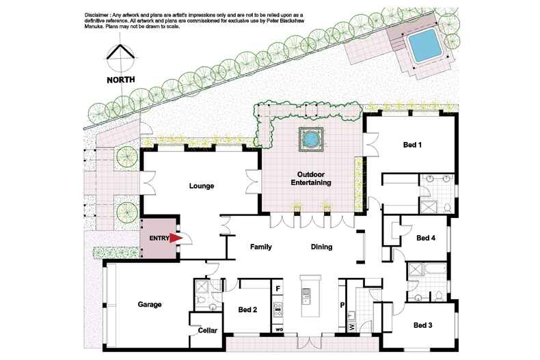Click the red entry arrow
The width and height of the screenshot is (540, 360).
[x=176, y=238]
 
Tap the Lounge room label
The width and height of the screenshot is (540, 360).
[x=202, y=186]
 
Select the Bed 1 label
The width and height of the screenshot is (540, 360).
[x=412, y=145]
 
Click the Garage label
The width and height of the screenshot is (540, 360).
[x=150, y=305]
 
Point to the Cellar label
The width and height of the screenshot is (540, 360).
[x=207, y=331]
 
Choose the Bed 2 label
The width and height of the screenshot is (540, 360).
[x=247, y=309]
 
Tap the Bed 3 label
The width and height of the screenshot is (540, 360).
[x=423, y=325]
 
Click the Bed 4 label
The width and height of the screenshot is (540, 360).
[x=426, y=238]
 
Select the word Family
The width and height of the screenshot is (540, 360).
[x=260, y=247]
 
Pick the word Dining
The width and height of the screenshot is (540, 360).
[x=322, y=247]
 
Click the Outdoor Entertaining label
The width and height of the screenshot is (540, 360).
[x=311, y=178]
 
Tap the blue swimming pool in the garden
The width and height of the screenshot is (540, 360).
[x=424, y=45]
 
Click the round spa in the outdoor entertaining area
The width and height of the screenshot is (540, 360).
[x=310, y=139]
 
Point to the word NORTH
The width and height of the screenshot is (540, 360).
[x=121, y=80]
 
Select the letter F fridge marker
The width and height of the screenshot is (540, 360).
[x=278, y=288]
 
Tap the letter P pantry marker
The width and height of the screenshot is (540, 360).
[x=342, y=305]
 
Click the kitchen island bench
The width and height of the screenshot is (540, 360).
[x=310, y=296]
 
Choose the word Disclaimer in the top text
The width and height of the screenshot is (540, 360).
[x=97, y=15]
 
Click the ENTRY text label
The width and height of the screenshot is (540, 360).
[x=159, y=238]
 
